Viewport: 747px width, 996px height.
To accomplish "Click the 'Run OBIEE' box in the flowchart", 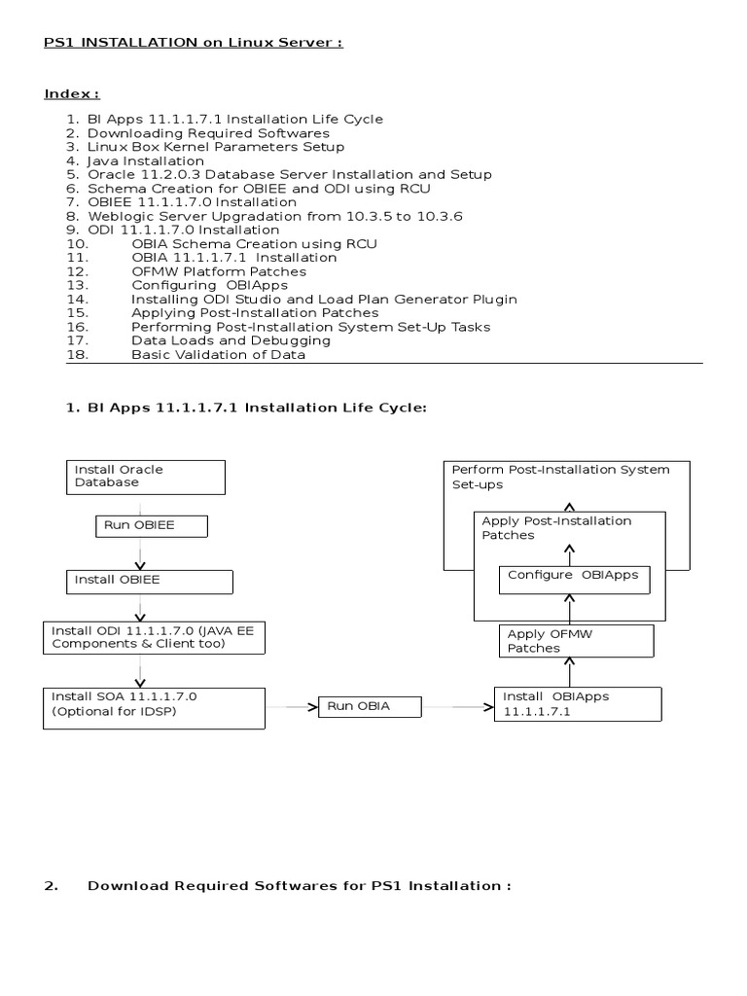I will tap(152, 526).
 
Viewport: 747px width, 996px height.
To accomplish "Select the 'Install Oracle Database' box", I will tap(146, 477).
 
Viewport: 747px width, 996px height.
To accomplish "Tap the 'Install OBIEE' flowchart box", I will tap(150, 581).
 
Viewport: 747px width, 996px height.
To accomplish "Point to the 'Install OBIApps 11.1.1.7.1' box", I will tap(578, 704).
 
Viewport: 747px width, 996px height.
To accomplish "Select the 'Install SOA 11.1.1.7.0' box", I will tap(155, 707).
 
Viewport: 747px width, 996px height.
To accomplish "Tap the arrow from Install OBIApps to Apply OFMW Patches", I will tap(570, 671).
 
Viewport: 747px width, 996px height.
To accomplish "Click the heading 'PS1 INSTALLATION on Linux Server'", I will tap(194, 43).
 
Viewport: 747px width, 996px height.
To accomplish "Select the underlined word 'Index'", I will tap(70, 93).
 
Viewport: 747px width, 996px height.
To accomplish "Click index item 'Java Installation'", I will tap(146, 160).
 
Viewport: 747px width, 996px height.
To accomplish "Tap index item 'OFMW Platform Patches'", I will tap(219, 271).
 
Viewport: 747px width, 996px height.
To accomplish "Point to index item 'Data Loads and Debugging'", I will tap(231, 340).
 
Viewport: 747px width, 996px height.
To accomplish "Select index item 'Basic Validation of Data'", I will tap(219, 355).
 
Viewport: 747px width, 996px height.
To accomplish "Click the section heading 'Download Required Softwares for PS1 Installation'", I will tap(299, 886).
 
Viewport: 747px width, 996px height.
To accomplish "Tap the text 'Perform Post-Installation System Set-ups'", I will tap(560, 476).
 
